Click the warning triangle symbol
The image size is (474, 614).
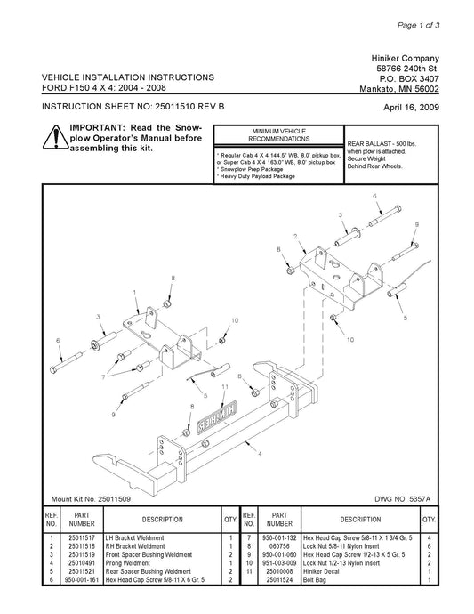(x=55, y=137)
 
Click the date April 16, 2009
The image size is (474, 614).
(x=411, y=108)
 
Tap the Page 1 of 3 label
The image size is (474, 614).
(x=419, y=26)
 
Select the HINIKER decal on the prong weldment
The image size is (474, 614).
(x=216, y=417)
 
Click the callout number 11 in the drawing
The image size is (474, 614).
(x=225, y=387)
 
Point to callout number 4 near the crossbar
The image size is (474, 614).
(x=260, y=454)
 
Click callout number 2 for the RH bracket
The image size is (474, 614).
(x=295, y=236)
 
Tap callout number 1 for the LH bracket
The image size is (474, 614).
(x=134, y=292)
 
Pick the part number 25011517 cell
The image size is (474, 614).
(x=82, y=538)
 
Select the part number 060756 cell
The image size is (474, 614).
(x=279, y=546)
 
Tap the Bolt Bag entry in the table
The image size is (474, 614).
(x=314, y=580)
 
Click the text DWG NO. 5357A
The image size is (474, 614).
(x=402, y=499)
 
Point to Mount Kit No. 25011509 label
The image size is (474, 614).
(x=91, y=499)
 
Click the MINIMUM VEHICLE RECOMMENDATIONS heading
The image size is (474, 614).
(x=278, y=135)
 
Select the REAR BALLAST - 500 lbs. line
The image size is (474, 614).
(x=382, y=143)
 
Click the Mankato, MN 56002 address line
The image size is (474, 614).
(x=399, y=89)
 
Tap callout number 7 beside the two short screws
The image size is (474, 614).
(x=103, y=377)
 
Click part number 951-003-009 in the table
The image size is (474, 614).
(x=279, y=563)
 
